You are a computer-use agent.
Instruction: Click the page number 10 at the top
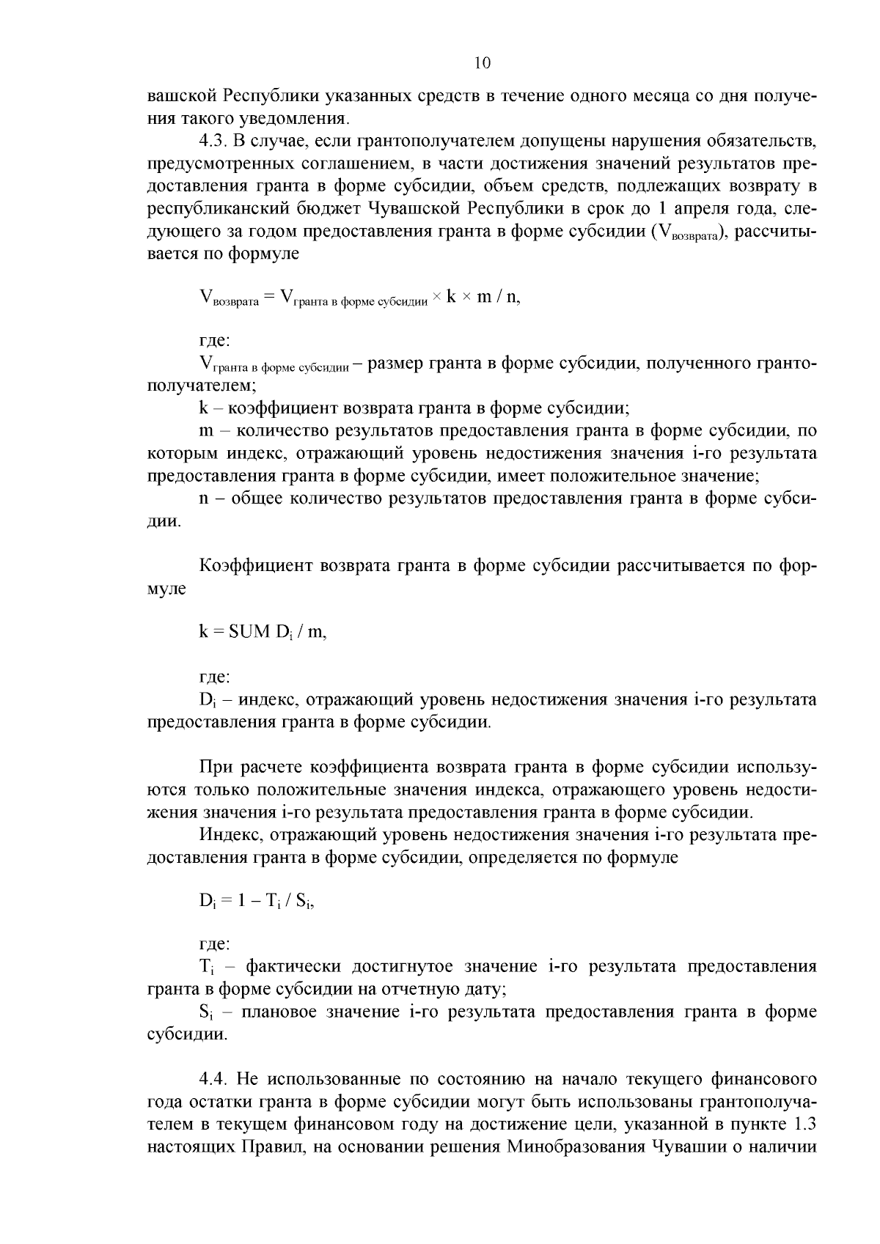click(x=482, y=63)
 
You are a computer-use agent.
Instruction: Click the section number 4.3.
click(x=213, y=141)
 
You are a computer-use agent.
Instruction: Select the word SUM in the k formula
click(x=249, y=632)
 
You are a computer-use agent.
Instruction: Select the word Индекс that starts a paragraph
click(x=224, y=834)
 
